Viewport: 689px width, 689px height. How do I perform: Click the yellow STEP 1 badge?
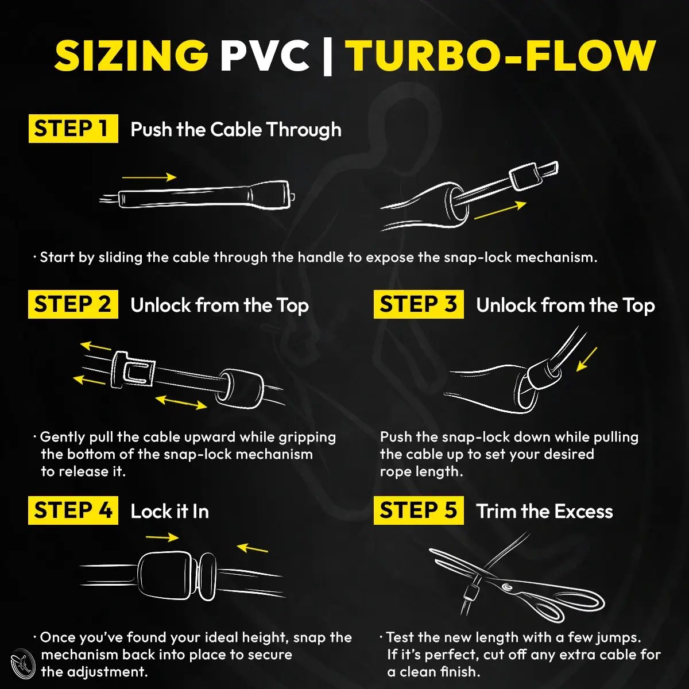pyautogui.click(x=73, y=129)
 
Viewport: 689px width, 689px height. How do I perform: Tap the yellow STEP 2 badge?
pyautogui.click(x=73, y=304)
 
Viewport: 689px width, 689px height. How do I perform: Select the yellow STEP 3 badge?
pyautogui.click(x=419, y=304)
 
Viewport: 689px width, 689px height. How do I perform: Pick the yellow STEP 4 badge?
pyautogui.click(x=73, y=510)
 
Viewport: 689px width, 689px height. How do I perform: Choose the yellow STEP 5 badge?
pyautogui.click(x=419, y=510)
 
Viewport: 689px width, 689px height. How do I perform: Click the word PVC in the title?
pyautogui.click(x=265, y=56)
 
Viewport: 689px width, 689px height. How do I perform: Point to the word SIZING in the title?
pyautogui.click(x=131, y=56)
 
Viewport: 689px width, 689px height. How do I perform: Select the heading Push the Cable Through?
pyautogui.click(x=236, y=129)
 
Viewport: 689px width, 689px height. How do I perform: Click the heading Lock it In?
pyautogui.click(x=170, y=512)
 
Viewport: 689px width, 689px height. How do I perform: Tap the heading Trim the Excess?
pyautogui.click(x=544, y=512)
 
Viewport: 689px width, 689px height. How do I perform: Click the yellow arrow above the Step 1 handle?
pyautogui.click(x=149, y=177)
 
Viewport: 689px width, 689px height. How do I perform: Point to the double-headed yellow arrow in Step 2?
pyautogui.click(x=181, y=402)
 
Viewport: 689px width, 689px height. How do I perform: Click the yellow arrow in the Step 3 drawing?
pyautogui.click(x=587, y=359)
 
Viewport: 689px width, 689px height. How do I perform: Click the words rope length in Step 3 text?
pyautogui.click(x=421, y=471)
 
